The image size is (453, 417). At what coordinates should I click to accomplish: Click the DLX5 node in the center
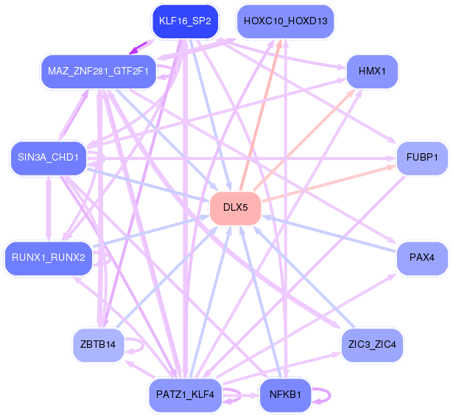(236, 208)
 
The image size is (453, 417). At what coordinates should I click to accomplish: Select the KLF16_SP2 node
(185, 21)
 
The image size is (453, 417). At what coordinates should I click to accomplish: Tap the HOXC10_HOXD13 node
(285, 21)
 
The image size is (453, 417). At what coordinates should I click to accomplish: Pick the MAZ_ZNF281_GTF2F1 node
(98, 71)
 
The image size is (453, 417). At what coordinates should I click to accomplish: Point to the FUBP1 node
(422, 158)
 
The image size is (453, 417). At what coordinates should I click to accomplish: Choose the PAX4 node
(422, 257)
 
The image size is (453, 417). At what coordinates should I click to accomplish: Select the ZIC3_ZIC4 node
(373, 344)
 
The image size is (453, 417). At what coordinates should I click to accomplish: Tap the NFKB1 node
(285, 395)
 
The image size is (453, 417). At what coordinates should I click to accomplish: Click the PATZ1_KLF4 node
(185, 395)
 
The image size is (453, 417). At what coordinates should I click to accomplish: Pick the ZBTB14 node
(98, 344)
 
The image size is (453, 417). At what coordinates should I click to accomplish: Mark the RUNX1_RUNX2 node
(49, 257)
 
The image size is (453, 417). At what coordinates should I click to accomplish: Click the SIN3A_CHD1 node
(49, 158)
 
